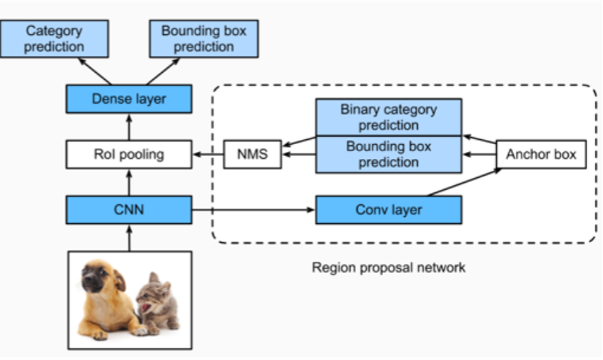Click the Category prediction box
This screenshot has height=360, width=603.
(x=55, y=39)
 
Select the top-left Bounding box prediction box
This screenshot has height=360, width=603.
(x=203, y=39)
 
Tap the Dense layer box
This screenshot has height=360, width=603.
(x=129, y=100)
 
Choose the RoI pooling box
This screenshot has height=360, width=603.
(x=129, y=154)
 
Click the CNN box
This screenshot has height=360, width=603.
(x=129, y=210)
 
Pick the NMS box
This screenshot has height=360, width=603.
(x=252, y=154)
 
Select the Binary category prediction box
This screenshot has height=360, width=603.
(x=388, y=117)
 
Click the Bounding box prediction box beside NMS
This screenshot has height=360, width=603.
(x=388, y=154)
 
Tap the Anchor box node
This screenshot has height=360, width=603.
(x=542, y=154)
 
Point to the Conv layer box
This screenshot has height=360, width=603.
(x=388, y=210)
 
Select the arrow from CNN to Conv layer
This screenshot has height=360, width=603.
(x=253, y=210)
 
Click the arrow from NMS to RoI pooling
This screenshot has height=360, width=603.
(x=208, y=154)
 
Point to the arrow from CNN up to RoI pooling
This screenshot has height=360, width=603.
(x=129, y=182)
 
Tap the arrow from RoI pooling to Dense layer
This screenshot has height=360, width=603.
(x=129, y=127)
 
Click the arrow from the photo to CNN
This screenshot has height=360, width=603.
(x=129, y=237)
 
